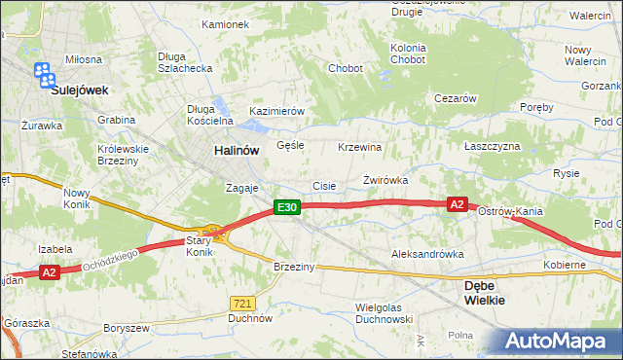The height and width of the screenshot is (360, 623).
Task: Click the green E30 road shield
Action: coord(285,207)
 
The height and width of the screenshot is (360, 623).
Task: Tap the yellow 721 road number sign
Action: coord(243,304)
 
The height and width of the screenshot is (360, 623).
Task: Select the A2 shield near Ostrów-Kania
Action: coord(458,204)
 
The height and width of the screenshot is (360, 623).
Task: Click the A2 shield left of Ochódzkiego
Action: coord(51,273)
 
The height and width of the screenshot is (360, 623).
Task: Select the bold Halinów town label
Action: coord(237,151)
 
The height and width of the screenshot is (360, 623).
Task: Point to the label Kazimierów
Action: coord(277,111)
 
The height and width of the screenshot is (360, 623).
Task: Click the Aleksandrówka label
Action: coord(427,254)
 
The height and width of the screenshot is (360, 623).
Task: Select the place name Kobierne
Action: coord(565,265)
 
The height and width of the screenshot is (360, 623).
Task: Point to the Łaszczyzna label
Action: coord(493,146)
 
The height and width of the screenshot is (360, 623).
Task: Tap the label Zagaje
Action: coord(240,187)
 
